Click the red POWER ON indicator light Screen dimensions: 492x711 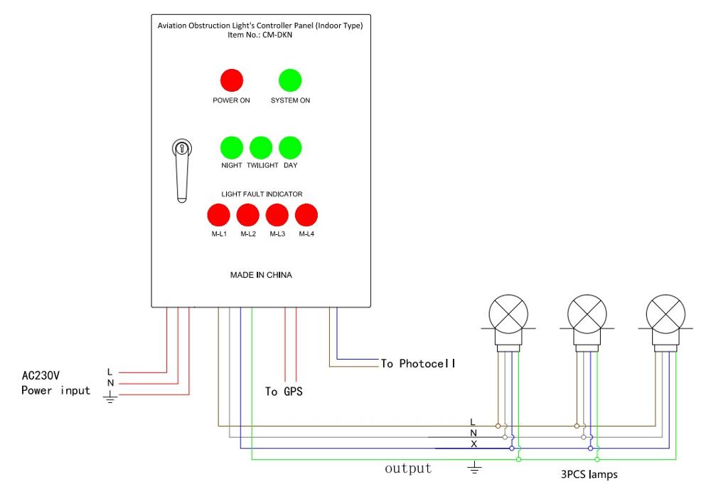[231, 80]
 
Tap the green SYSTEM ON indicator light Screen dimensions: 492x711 [290, 80]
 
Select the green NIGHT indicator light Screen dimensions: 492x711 [231, 147]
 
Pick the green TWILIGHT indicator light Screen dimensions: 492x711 [261, 147]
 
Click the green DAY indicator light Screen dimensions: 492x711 [290, 147]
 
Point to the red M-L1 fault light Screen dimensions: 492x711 [218, 214]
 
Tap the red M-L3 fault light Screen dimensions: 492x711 [277, 214]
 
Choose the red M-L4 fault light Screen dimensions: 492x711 [306, 214]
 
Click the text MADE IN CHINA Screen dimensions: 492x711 [261, 275]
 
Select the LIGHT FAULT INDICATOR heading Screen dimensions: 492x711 [262, 194]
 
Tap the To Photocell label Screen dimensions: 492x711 [417, 364]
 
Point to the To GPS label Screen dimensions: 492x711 [284, 392]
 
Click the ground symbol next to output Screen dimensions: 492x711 [475, 468]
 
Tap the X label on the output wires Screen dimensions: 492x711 [474, 444]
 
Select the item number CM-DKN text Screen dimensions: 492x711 [261, 34]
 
